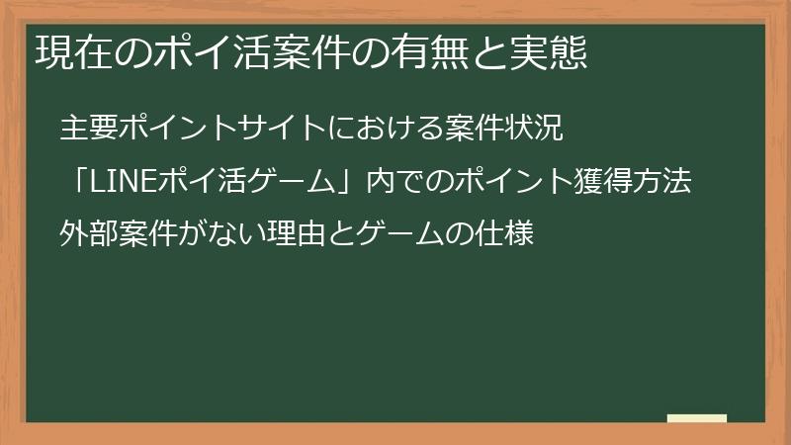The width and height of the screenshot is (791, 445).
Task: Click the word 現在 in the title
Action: [x=68, y=51]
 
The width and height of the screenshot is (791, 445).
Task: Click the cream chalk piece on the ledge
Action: [x=696, y=417]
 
